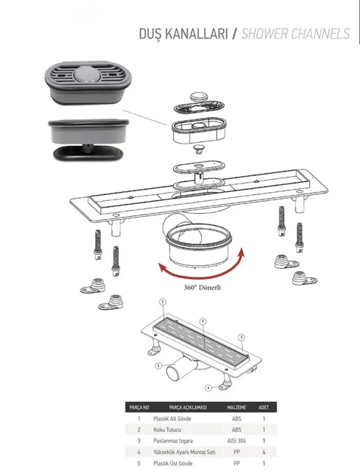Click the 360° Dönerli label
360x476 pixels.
[202, 287]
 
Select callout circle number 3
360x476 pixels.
[163, 301]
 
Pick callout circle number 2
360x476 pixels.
[203, 322]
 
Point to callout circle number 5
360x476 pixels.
[241, 337]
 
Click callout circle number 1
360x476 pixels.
[158, 366]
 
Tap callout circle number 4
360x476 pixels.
[208, 388]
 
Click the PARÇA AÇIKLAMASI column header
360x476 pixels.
[188, 407]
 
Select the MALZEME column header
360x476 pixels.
[237, 407]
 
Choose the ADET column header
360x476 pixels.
[263, 407]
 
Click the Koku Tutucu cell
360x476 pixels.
[167, 430]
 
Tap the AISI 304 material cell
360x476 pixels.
[237, 440]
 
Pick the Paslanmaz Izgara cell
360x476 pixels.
[173, 440]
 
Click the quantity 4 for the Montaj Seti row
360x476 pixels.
[264, 452]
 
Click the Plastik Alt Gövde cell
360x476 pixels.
[172, 419]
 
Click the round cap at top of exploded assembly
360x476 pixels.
[199, 97]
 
